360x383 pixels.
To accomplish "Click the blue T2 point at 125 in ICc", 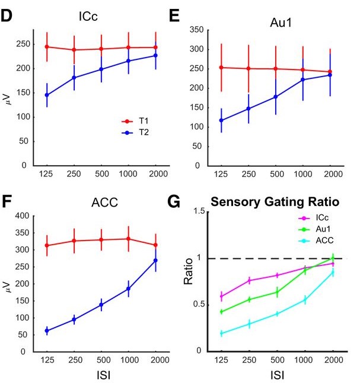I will pyautogui.click(x=46, y=95).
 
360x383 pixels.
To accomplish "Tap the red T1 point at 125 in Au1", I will pyautogui.click(x=221, y=68).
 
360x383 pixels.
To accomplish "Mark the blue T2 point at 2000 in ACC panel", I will pyautogui.click(x=155, y=260).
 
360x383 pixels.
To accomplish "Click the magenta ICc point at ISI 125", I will pyautogui.click(x=222, y=296).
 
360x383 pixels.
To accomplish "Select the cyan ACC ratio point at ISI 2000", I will pyautogui.click(x=332, y=272).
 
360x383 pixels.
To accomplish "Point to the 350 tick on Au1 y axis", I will pyautogui.click(x=196, y=30).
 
